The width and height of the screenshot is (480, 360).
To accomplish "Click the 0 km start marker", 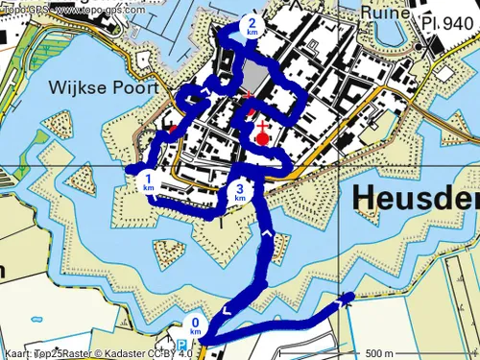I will pos(196,326).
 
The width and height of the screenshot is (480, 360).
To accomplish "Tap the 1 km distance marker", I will pos(149,181).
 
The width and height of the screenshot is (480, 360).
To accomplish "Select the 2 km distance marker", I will pos(252,27).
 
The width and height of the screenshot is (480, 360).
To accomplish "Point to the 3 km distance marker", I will pos(240,193).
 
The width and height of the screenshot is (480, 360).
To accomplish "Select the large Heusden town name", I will pos(416,198).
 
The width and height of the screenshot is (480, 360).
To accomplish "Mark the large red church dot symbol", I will pos(263,137).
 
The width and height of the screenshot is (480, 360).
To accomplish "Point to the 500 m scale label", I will pos(380,351).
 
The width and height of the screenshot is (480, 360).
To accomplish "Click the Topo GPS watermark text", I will pos(67,9).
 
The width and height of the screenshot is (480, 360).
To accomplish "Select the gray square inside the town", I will pos(252,77).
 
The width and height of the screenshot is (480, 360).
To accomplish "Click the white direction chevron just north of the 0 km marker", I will pos(227,310).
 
